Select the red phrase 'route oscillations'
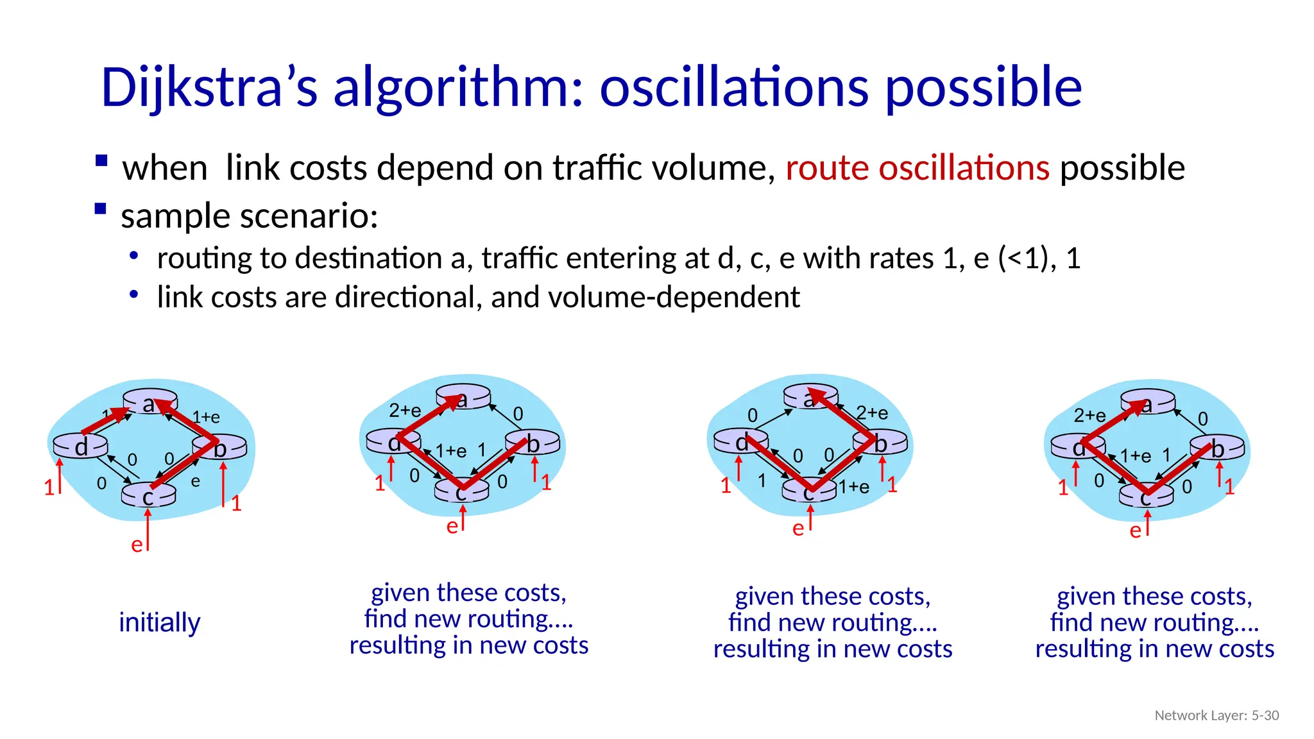click(x=917, y=168)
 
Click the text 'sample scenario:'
click(x=249, y=216)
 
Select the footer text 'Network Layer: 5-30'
click(x=1216, y=715)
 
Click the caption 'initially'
click(x=160, y=622)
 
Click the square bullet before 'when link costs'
click(x=101, y=160)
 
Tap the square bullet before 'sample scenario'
click(x=101, y=208)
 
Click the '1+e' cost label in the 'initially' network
click(x=206, y=418)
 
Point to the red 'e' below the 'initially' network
click(x=137, y=545)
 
